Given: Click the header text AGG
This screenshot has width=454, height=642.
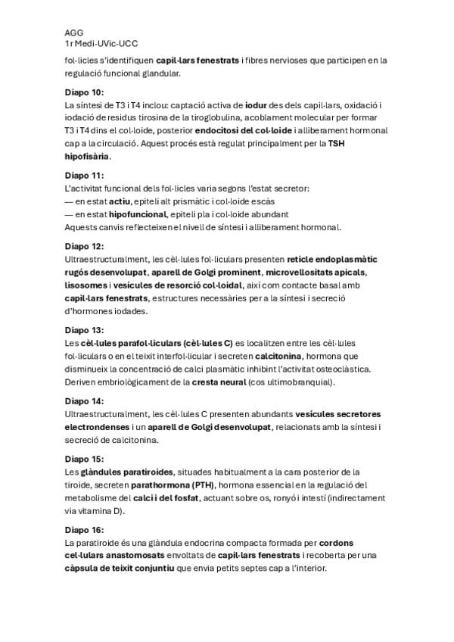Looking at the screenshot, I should [x=73, y=33].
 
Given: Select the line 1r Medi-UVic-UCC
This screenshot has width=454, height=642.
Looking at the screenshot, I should [x=101, y=45].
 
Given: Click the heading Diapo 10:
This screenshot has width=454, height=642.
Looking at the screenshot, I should [x=85, y=92].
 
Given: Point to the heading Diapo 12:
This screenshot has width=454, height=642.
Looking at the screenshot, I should [x=85, y=247].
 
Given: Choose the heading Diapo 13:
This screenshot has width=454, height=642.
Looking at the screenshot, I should [x=85, y=331].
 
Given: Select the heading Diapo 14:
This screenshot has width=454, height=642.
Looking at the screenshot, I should [x=85, y=401].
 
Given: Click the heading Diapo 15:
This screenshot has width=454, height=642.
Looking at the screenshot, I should [x=85, y=460].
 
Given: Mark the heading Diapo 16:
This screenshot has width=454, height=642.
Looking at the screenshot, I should [x=85, y=531].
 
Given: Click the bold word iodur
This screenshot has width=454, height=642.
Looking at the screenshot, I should [x=256, y=105].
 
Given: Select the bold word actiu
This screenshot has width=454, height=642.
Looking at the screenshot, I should [x=119, y=201].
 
